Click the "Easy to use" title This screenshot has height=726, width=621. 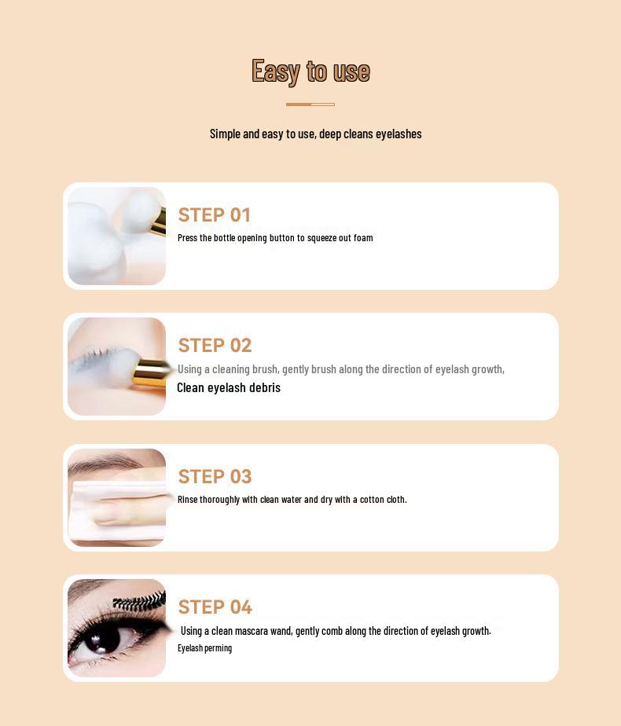(310, 71)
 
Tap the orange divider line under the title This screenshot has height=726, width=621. (310, 104)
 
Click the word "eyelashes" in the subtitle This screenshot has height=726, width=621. (399, 134)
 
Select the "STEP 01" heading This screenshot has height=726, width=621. (214, 214)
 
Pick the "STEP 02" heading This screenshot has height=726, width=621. (215, 345)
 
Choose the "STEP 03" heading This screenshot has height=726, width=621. (215, 476)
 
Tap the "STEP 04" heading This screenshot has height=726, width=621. (215, 607)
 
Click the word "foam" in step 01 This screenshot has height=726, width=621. (363, 238)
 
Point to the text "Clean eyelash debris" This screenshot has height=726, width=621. (229, 387)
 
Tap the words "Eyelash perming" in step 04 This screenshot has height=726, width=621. (204, 648)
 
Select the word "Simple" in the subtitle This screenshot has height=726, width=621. (225, 134)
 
